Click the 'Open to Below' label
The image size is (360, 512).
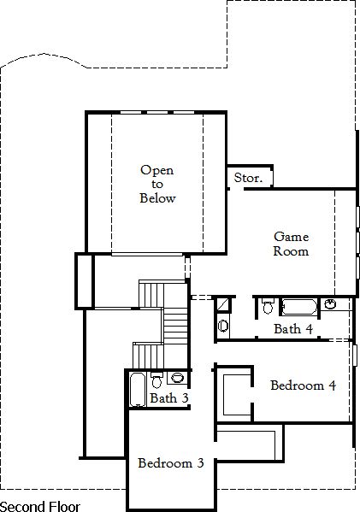click(157, 184)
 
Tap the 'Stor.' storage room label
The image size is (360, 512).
click(248, 178)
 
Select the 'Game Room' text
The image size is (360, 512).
click(291, 244)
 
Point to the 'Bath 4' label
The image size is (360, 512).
click(293, 329)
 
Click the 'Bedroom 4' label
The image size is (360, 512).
click(304, 385)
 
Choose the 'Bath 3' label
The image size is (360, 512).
click(169, 398)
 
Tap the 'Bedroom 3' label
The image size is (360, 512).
click(171, 463)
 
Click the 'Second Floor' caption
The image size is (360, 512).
click(40, 507)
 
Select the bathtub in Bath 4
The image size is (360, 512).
click(299, 307)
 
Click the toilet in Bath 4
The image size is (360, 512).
click(268, 306)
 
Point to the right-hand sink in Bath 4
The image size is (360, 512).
click(330, 304)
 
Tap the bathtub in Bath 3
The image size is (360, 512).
click(137, 389)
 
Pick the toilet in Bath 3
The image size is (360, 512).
click(156, 380)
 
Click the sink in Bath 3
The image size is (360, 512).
click(177, 378)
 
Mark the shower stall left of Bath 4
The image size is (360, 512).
click(223, 305)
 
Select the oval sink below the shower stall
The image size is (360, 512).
click(223, 326)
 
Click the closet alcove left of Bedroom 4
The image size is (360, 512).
click(236, 394)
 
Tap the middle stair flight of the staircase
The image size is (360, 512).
click(175, 326)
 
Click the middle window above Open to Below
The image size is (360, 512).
click(157, 113)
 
